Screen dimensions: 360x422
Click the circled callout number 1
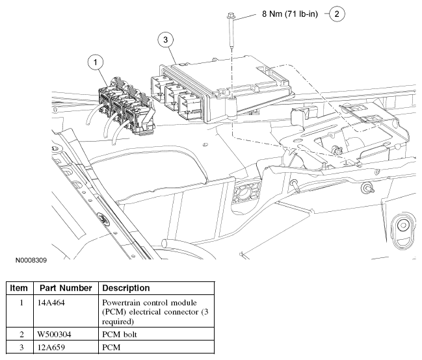pyautogui.click(x=96, y=62)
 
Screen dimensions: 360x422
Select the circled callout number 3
pyautogui.click(x=167, y=40)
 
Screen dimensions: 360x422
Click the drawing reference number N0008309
pyautogui.click(x=31, y=259)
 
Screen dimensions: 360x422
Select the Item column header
pyautogui.click(x=20, y=288)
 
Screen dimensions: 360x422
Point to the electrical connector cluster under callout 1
pyautogui.click(x=124, y=107)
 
